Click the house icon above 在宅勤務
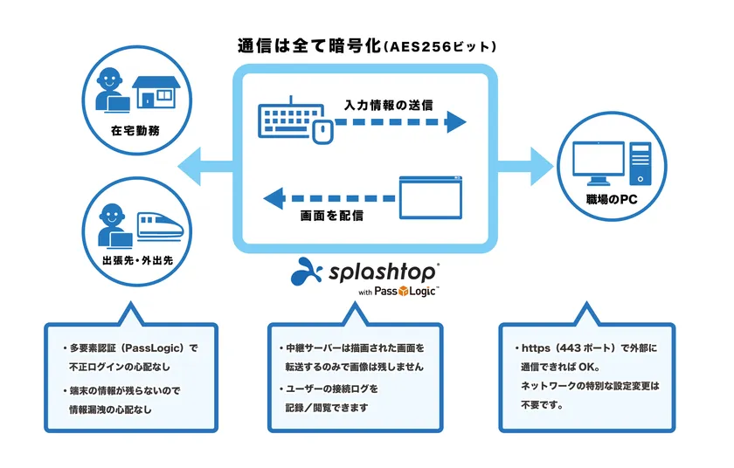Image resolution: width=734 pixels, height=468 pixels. (156, 92)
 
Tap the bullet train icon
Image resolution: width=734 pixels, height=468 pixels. (161, 227)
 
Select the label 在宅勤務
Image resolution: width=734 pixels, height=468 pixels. (135, 130)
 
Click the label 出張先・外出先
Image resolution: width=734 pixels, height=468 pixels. (138, 260)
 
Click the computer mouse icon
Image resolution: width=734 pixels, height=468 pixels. (322, 131)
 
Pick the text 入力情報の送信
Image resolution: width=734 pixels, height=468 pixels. (389, 105)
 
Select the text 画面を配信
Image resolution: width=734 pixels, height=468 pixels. (331, 216)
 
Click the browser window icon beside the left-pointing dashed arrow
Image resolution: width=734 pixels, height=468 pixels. (431, 197)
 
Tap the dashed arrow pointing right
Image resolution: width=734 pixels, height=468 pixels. (401, 122)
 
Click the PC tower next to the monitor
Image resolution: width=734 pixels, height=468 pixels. (640, 163)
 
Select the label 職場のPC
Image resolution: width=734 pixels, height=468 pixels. (612, 200)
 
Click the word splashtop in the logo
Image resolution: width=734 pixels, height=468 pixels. (383, 272)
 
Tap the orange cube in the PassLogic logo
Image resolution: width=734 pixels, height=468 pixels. (403, 292)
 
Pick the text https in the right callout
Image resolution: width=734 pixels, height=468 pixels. (536, 348)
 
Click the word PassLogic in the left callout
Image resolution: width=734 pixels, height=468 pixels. (153, 348)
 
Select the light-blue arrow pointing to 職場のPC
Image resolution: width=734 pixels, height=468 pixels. (525, 167)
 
